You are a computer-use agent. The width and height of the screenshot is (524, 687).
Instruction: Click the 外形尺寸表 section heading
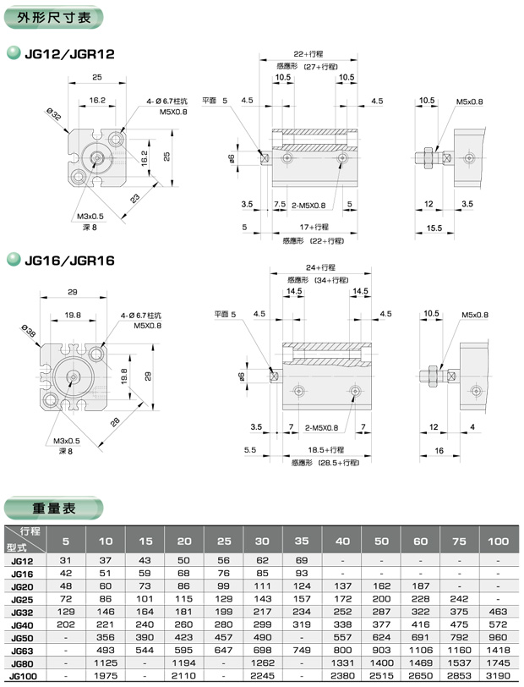(x=54, y=18)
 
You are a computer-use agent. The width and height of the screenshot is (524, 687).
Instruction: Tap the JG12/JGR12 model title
(x=69, y=54)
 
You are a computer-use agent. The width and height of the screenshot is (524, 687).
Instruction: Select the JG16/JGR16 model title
(x=69, y=261)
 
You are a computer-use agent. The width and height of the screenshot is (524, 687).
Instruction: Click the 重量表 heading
(x=53, y=508)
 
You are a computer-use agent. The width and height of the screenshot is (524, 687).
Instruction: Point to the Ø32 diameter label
(x=54, y=114)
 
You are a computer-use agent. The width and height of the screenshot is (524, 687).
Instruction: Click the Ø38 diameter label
(x=29, y=331)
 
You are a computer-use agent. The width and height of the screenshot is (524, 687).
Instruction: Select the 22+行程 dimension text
(x=308, y=54)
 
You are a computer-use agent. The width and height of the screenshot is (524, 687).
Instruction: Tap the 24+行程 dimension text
(x=320, y=267)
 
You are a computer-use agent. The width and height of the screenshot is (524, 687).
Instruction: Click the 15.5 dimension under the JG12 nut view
(x=434, y=228)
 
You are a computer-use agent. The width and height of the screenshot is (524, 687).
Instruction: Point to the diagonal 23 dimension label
(x=135, y=198)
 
